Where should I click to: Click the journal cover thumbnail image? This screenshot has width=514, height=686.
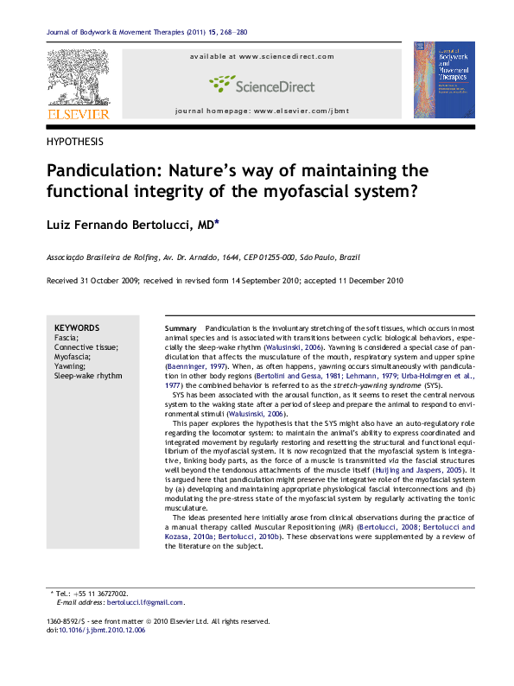tap(443, 79)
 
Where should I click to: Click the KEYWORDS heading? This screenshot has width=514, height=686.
tap(77, 328)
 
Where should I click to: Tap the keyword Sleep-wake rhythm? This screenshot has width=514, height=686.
tap(88, 376)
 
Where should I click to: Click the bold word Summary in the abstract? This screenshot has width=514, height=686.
tap(181, 329)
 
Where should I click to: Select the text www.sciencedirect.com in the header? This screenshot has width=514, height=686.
tap(286, 57)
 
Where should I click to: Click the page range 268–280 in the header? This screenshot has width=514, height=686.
tap(229, 33)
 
